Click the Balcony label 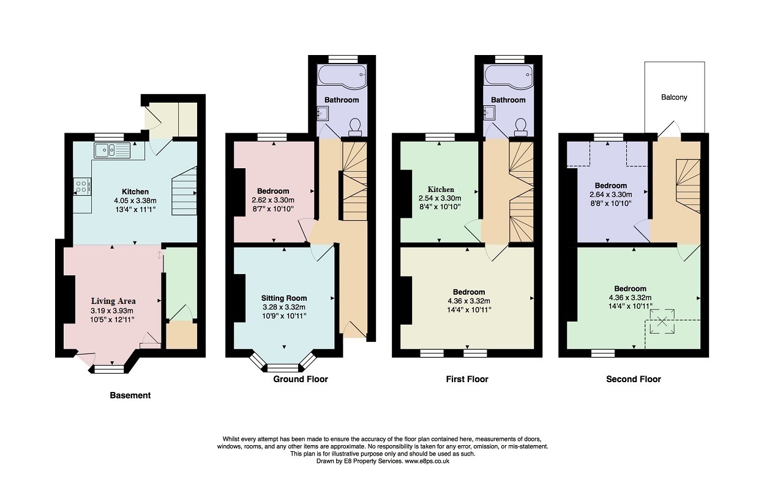click(x=674, y=97)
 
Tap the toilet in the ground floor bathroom click(x=354, y=127)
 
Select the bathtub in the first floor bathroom click(x=509, y=77)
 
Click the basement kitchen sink click(x=112, y=150)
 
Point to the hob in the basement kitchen click(x=82, y=186)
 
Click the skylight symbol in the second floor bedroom click(x=662, y=321)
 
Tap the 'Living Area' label click(x=113, y=301)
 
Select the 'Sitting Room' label click(x=284, y=298)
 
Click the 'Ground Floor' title click(x=301, y=379)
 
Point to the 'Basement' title click(x=130, y=396)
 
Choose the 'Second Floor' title click(x=634, y=379)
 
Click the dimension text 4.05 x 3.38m click(x=135, y=201)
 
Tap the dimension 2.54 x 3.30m click(x=440, y=198)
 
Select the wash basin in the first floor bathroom click(x=490, y=112)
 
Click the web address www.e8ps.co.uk click(x=427, y=461)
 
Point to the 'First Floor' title click(x=467, y=379)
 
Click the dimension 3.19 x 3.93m click(x=112, y=311)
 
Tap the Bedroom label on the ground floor click(x=273, y=191)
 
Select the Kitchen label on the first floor click(x=441, y=190)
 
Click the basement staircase click(x=184, y=191)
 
